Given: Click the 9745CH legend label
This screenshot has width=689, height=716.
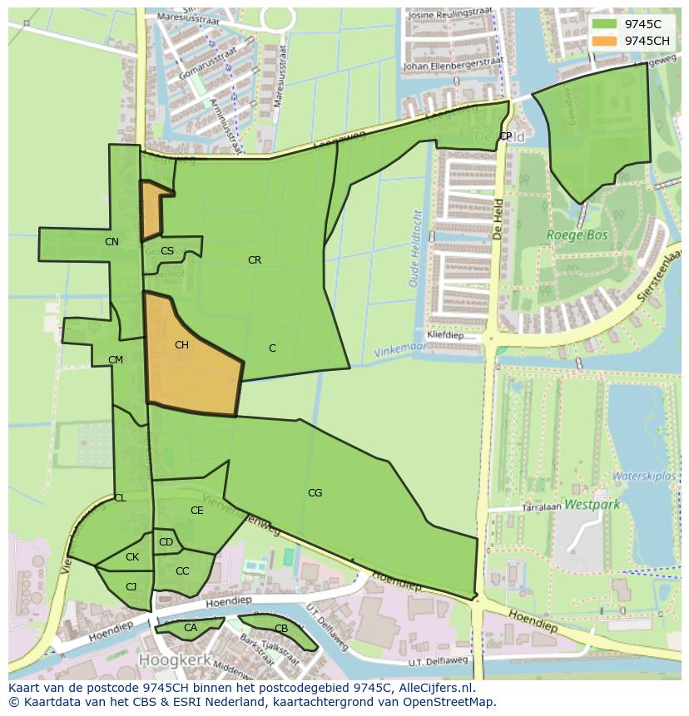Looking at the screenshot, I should click(x=647, y=41).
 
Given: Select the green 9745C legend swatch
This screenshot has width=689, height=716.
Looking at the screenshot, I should click(x=605, y=24).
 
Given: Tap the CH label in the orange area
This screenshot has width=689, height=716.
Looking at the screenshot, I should click(x=181, y=345).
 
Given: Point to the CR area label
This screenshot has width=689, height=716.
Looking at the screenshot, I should click(x=255, y=260).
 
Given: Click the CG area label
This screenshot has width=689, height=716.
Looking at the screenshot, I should click(x=315, y=493).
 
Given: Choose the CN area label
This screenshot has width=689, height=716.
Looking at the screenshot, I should click(x=112, y=242).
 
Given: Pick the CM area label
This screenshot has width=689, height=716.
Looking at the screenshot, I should click(x=116, y=360).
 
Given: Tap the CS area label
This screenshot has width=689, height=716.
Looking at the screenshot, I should click(x=167, y=251).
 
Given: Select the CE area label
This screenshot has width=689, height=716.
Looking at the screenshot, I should click(x=197, y=511).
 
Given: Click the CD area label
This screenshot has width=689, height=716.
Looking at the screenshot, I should click(x=166, y=543).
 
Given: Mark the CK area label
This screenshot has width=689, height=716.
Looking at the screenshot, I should click(x=132, y=557).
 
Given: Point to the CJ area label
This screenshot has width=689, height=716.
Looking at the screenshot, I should click(x=131, y=587).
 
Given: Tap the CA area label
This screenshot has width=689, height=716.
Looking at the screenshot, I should click(x=191, y=628).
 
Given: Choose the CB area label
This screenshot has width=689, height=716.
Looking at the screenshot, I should click(x=281, y=629).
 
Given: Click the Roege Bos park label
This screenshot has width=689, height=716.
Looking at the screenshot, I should click(x=577, y=235).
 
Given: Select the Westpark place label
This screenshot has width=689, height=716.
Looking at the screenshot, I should click(x=592, y=504).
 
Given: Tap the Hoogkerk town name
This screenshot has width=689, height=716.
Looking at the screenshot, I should click(x=171, y=659).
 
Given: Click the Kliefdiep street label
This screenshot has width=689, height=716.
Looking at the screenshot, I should click(x=444, y=335).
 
